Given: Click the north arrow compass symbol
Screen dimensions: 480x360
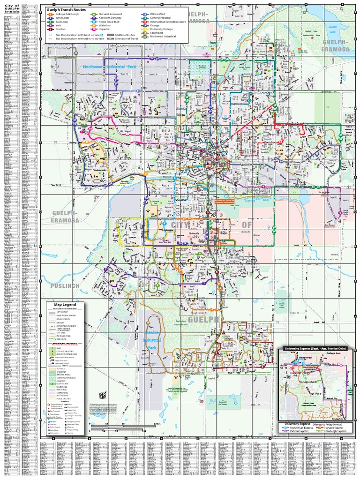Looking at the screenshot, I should tap(105, 397).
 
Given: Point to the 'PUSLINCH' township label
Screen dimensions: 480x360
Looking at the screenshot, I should tap(65, 285).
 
